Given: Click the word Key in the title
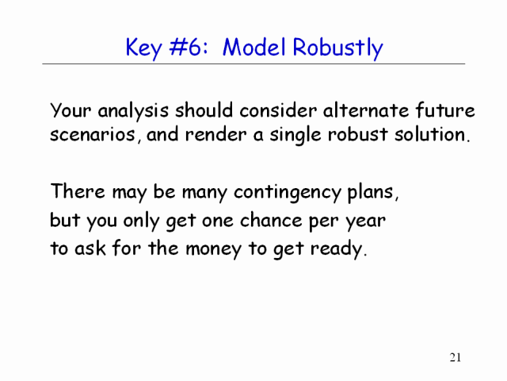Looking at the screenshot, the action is (x=143, y=48).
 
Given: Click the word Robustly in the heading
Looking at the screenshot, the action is (x=337, y=48).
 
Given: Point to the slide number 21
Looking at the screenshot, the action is (x=456, y=357).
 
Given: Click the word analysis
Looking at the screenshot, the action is (x=133, y=111).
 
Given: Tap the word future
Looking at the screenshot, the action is (x=445, y=110).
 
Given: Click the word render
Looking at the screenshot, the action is (x=216, y=135).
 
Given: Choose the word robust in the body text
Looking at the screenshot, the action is (x=357, y=134).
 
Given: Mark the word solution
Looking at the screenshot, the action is (x=432, y=134).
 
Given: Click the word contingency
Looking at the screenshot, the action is (x=288, y=193).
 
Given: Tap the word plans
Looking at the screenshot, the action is (x=373, y=193).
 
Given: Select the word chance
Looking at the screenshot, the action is (x=271, y=221).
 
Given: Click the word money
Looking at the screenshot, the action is (x=213, y=250).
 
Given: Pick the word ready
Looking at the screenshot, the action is (x=338, y=250).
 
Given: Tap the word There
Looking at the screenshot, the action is (x=78, y=190).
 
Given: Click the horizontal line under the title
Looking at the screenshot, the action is (x=253, y=64).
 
